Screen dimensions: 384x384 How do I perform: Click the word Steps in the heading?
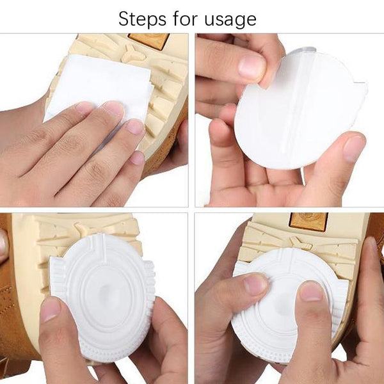142,19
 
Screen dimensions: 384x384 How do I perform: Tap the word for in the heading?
186,18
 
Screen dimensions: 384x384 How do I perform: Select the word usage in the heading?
230,20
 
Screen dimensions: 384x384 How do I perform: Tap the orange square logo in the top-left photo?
149,40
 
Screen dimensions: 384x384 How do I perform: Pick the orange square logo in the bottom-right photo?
308,221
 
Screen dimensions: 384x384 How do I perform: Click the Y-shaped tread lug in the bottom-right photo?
301,243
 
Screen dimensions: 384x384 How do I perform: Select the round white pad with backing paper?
301,110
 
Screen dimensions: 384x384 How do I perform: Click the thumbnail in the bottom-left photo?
51,310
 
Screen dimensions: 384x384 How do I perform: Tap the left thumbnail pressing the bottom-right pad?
256,284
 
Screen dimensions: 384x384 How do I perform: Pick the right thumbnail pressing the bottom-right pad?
310,291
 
